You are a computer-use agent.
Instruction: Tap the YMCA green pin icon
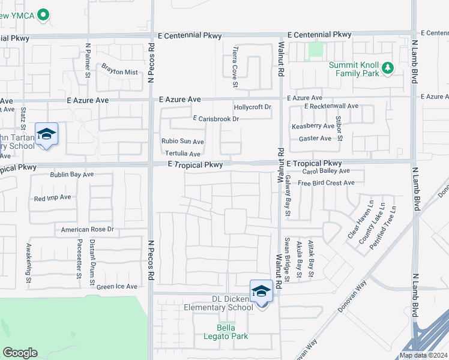(x=43, y=15)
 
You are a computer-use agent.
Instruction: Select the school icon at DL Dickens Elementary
(x=261, y=292)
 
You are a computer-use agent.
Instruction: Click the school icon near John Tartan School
(x=46, y=134)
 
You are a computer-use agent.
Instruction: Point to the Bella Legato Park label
(x=232, y=332)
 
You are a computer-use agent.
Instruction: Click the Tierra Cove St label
(x=236, y=62)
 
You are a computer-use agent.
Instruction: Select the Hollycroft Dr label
(x=253, y=107)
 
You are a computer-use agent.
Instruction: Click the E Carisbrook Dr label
(x=215, y=119)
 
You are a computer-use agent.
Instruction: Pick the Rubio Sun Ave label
(x=182, y=142)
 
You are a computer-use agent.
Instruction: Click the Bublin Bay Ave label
(x=72, y=175)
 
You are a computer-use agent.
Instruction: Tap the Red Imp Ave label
(x=53, y=197)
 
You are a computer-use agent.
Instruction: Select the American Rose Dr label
(x=88, y=230)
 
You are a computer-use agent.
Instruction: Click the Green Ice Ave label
(x=117, y=287)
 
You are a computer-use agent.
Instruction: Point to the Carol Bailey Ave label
(x=326, y=171)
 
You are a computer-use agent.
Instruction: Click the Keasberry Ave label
(x=313, y=126)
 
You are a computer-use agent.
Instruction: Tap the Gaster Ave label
(x=315, y=139)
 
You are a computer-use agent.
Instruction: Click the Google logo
(x=20, y=353)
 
